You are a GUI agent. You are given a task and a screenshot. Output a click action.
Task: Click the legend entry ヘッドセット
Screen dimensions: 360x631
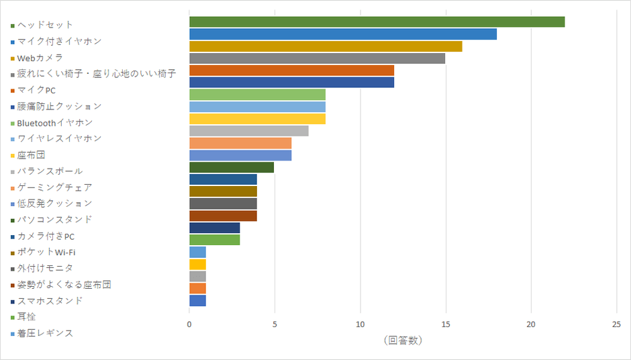45,25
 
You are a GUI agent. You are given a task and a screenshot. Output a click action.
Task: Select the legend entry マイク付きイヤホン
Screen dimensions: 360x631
59,41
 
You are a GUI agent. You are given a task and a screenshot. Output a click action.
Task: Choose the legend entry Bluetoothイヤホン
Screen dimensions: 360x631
54,123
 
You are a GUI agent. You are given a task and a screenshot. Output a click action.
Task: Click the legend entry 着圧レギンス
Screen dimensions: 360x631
45,333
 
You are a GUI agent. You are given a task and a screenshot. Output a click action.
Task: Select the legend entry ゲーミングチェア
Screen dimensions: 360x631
54,187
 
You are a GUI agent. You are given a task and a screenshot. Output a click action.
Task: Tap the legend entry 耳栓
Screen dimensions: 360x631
26,317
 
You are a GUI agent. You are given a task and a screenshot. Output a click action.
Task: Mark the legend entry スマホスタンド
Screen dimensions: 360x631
50,301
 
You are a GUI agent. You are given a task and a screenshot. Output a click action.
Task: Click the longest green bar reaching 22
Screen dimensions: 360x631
377,22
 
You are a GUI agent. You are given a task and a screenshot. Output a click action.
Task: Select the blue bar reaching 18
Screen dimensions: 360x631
342,34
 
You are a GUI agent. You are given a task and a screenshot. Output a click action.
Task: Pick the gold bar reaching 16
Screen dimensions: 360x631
326,46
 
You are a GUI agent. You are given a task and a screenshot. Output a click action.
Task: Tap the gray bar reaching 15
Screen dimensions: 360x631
317,58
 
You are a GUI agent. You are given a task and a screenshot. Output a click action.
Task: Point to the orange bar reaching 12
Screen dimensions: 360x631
291,71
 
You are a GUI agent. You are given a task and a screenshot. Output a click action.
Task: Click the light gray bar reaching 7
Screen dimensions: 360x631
248,131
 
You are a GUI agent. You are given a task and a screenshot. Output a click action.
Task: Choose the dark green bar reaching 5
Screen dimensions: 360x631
232,167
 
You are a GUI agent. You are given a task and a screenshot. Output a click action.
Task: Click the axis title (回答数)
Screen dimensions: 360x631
403,341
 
